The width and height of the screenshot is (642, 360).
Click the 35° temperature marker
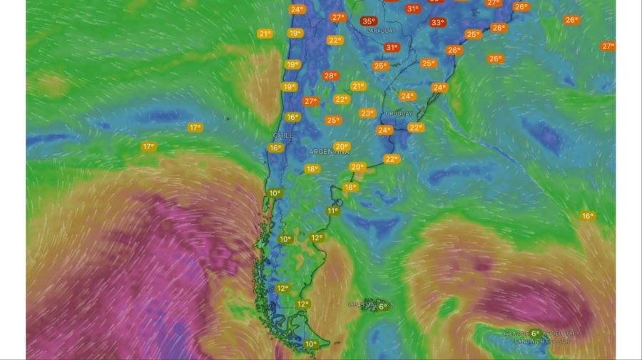pos(368,21)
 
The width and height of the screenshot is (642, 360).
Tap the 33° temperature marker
pos(437,22)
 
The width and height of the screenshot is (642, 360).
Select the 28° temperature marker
pos(330,76)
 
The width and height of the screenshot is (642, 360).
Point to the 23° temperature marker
pos(367,113)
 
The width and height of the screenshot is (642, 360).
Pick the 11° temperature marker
pos(332,211)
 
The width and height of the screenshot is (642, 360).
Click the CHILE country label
pos(283,135)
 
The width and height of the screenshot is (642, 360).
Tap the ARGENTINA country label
pos(329,153)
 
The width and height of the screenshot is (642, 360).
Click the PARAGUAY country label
pos(380,31)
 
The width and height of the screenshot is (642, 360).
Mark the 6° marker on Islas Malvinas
pos(382,307)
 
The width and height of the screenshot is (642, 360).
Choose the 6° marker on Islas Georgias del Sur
pos(535,333)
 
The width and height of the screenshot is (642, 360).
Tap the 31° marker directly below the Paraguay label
pos(392,48)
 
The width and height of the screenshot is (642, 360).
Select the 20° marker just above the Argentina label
pos(342,146)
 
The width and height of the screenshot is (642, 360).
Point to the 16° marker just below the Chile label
pos(275,148)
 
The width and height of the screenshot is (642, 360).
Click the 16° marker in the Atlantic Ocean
pos(587,216)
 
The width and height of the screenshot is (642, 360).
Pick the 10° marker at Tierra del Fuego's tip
pos(311,344)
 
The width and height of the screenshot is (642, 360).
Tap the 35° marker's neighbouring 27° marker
pos(338,17)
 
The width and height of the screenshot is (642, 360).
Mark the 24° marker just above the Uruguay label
pos(407,96)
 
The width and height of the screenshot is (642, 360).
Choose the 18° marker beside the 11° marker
pos(350,187)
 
